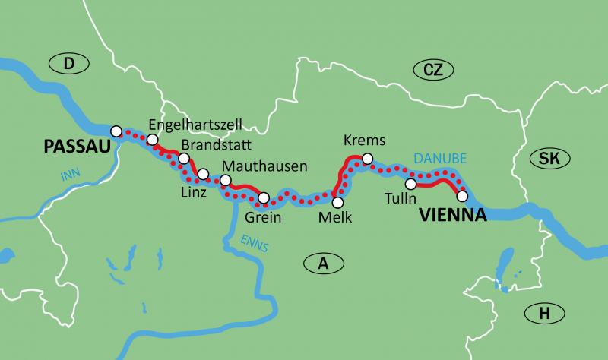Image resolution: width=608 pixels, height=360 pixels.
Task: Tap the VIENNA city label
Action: click(x=452, y=216)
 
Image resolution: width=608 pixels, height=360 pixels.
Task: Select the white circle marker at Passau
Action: click(x=116, y=131)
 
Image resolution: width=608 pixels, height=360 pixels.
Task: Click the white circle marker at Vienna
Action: click(x=461, y=196)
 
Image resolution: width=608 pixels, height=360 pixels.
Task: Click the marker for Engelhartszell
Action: click(x=152, y=140)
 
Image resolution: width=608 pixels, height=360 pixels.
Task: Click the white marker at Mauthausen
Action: click(x=225, y=180)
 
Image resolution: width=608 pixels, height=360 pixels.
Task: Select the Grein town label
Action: click(x=264, y=218)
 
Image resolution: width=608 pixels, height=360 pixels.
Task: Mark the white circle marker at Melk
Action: click(x=337, y=202)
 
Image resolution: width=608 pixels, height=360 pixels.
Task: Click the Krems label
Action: click(x=365, y=141)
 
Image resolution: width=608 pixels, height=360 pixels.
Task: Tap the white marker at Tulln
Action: click(x=410, y=184)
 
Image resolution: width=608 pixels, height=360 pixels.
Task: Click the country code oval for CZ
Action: click(x=432, y=71)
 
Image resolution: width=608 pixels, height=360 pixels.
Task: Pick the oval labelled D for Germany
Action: click(x=68, y=66)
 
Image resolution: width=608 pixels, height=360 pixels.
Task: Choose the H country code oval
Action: click(x=543, y=312)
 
